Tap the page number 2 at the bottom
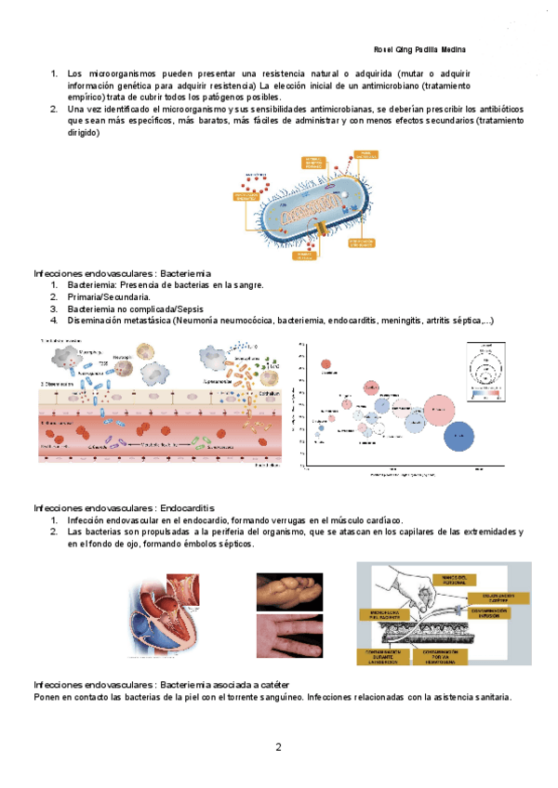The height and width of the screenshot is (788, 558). [x=278, y=746]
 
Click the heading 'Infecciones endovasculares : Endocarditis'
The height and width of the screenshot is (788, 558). [x=124, y=508]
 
